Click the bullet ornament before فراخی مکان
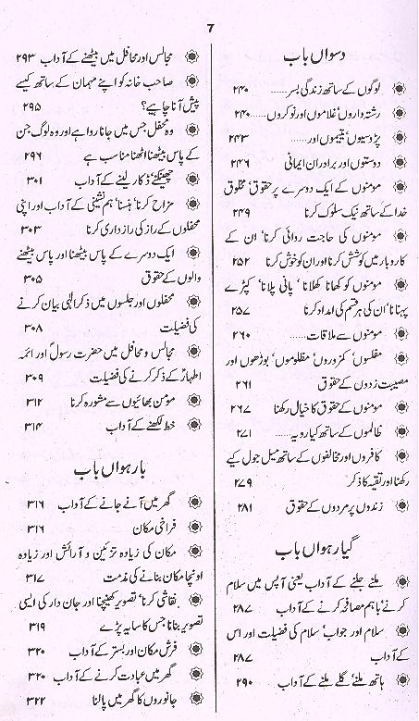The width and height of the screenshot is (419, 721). point(186,528)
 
